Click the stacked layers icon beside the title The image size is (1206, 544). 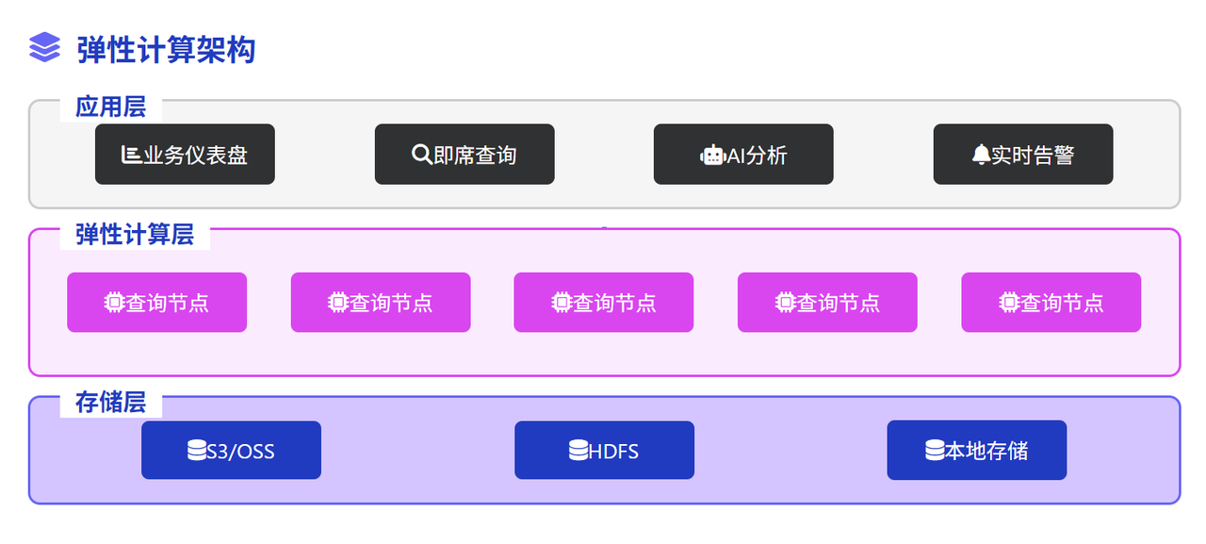[44, 47]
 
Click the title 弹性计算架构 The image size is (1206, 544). [166, 50]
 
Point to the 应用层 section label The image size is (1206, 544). [110, 107]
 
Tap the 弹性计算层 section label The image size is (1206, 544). [135, 235]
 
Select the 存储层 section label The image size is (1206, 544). [110, 403]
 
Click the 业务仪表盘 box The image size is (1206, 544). [185, 155]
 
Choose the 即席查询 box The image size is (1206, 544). [464, 155]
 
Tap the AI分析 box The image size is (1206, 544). [743, 155]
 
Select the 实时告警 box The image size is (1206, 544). [1023, 155]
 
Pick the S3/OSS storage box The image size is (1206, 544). [232, 451]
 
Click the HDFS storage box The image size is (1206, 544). [604, 451]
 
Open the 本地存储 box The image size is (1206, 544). [977, 451]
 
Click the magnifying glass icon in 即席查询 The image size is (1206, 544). [421, 155]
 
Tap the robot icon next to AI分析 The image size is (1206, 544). [713, 156]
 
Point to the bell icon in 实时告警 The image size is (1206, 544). [981, 155]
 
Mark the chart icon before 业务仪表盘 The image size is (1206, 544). [131, 155]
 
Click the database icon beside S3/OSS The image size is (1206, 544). [197, 451]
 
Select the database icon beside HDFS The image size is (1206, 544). [579, 451]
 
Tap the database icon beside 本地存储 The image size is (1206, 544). [935, 451]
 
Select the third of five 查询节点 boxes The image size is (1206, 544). [604, 302]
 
